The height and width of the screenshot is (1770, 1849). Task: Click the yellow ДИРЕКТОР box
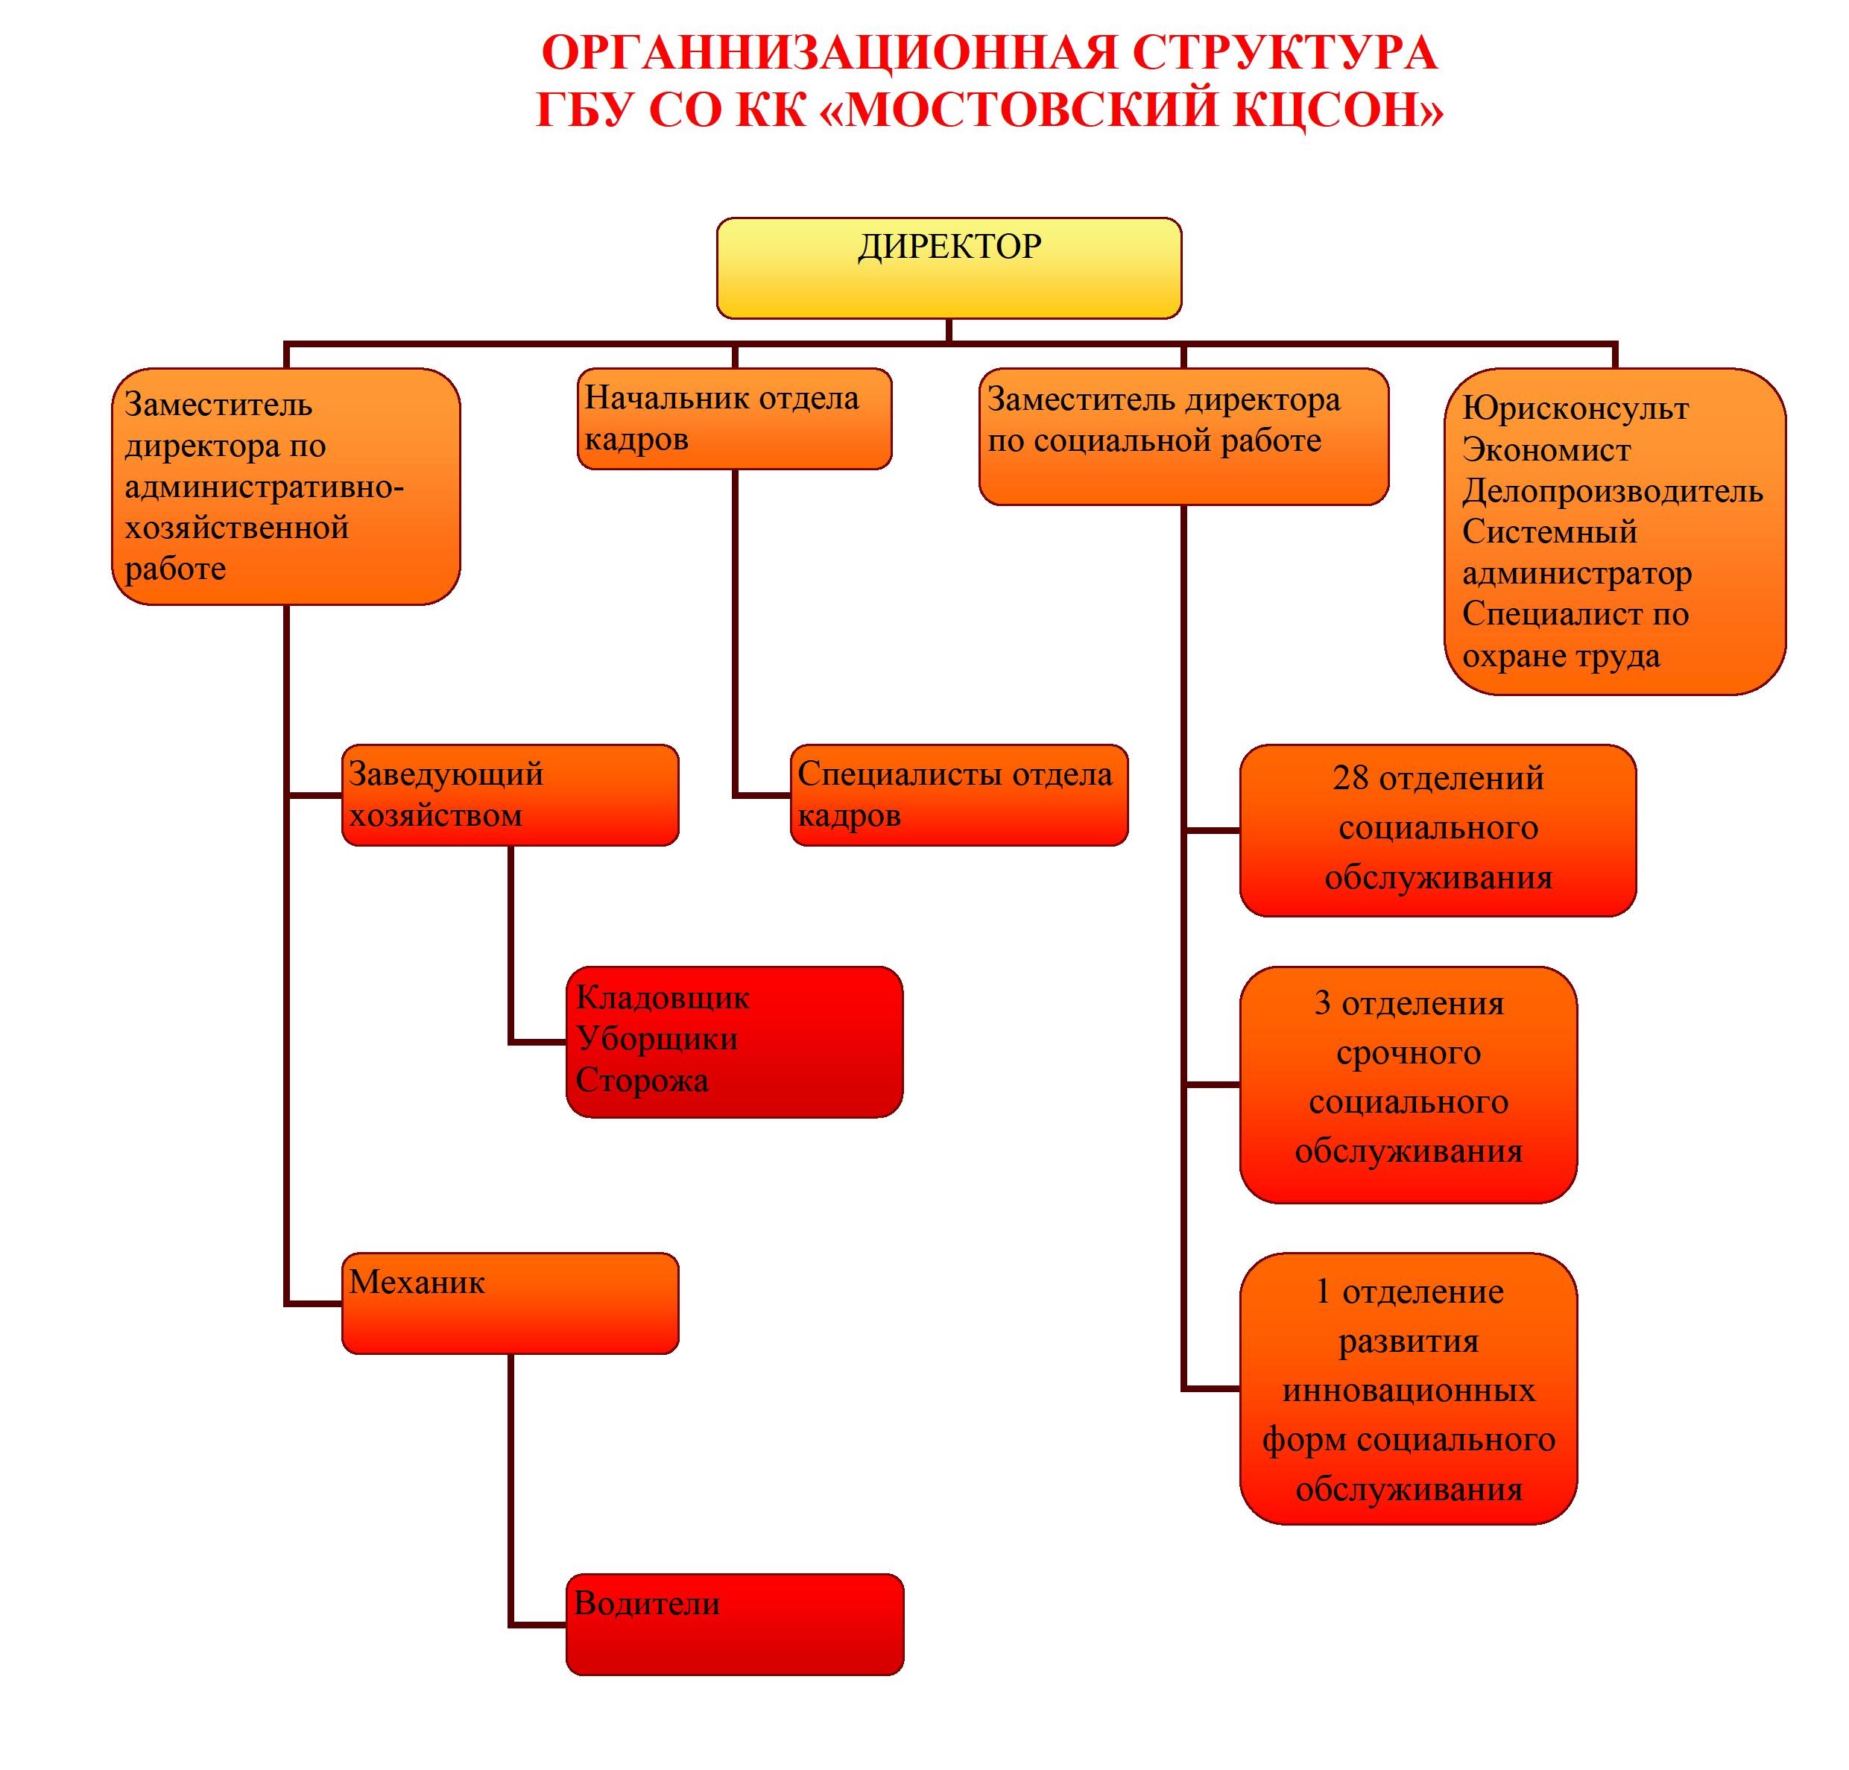949,268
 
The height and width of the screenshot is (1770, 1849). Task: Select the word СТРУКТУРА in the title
1285,53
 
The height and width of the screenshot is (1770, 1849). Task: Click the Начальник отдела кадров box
734,418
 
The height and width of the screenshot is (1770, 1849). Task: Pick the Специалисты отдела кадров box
958,794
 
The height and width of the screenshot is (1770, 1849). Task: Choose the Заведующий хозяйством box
510,794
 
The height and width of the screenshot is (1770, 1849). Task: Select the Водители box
735,1624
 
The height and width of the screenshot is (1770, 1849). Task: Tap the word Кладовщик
663,997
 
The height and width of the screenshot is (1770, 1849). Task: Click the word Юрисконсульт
1575,408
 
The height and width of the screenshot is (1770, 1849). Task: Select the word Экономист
1546,450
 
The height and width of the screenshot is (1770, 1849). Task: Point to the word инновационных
1409,1390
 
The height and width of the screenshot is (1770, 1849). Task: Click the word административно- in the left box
264,487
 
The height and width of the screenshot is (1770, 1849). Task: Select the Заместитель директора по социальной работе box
1184,436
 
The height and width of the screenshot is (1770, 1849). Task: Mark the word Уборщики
657,1039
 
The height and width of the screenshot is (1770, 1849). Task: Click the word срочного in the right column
1409,1053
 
